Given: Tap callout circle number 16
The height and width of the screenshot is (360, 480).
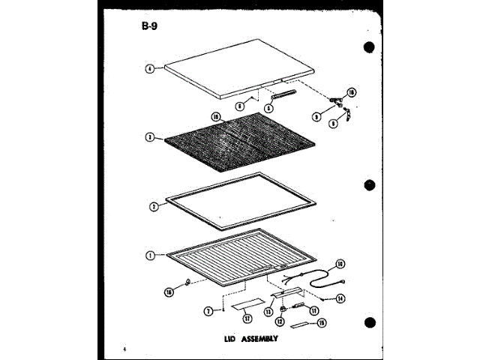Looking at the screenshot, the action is pos(169,292).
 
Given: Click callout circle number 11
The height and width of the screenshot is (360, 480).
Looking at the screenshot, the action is pos(313,310).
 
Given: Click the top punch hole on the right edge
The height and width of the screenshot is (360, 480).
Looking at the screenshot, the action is pos(368,46).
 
